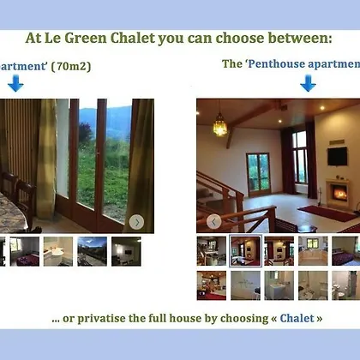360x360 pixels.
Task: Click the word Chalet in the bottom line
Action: pyautogui.click(x=297, y=318)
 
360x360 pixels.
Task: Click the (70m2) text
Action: pyautogui.click(x=71, y=67)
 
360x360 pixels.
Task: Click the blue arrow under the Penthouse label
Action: pyautogui.click(x=308, y=83)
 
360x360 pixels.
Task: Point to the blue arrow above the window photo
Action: pyautogui.click(x=15, y=83)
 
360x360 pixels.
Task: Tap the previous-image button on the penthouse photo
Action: pyautogui.click(x=213, y=222)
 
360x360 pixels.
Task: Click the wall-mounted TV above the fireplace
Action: pyautogui.click(x=338, y=156)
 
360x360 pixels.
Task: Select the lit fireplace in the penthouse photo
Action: pyautogui.click(x=339, y=194)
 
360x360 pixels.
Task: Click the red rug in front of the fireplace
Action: pyautogui.click(x=327, y=213)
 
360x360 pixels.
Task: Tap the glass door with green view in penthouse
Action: pyautogui.click(x=259, y=174)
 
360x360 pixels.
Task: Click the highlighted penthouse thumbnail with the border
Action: pyautogui.click(x=245, y=251)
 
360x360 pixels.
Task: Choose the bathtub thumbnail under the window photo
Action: pyautogui.click(x=58, y=251)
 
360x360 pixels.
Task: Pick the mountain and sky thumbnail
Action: pyautogui.click(x=92, y=251)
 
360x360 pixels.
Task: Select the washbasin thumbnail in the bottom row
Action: pyautogui.click(x=279, y=285)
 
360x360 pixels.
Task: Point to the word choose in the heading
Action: pyautogui.click(x=239, y=38)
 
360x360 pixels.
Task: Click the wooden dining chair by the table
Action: pyautogui.click(x=24, y=200)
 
